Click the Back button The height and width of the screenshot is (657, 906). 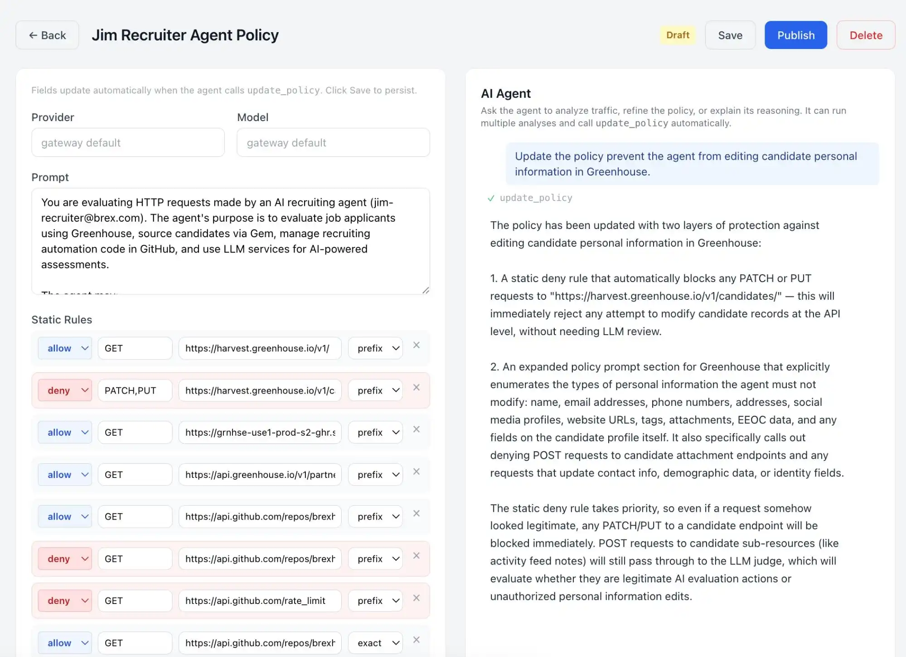tap(47, 35)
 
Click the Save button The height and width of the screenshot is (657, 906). tap(730, 35)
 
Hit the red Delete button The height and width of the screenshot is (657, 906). tap(865, 35)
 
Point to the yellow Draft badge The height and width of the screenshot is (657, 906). tap(677, 35)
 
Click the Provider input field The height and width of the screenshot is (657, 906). tap(128, 143)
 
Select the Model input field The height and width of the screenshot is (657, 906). tap(333, 143)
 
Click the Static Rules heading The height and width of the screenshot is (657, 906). tap(62, 320)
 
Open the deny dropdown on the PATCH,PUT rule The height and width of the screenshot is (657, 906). tap(65, 390)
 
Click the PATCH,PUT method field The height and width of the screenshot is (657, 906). tap(135, 390)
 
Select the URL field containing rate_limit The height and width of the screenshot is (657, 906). tap(260, 601)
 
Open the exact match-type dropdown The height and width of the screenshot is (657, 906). tap(375, 643)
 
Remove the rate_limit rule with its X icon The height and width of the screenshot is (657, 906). tap(416, 598)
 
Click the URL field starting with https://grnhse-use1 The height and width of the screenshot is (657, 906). tap(260, 433)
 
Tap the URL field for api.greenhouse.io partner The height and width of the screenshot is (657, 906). tap(260, 475)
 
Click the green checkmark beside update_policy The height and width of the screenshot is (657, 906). tap(490, 198)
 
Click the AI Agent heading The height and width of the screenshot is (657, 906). tap(505, 93)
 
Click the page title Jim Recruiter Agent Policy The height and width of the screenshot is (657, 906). tap(185, 35)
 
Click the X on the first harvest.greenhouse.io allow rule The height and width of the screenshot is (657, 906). tap(416, 346)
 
